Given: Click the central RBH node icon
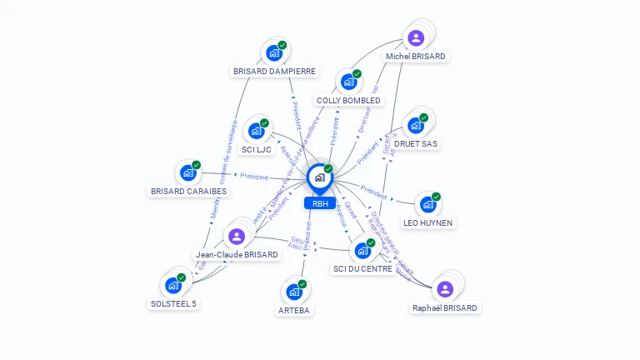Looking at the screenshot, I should pyautogui.click(x=319, y=177).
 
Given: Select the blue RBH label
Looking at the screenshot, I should pyautogui.click(x=319, y=203).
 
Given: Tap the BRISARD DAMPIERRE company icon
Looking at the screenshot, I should pyautogui.click(x=273, y=52).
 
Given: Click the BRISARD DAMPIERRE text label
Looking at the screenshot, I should pyautogui.click(x=274, y=72).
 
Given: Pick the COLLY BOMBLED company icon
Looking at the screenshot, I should pyautogui.click(x=347, y=82).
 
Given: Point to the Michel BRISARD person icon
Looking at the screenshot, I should pyautogui.click(x=416, y=37).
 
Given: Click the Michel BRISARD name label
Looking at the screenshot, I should pyautogui.click(x=416, y=57).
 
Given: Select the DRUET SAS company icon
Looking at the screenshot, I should pyautogui.click(x=415, y=126).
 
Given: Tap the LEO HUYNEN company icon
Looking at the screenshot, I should pyautogui.click(x=427, y=204).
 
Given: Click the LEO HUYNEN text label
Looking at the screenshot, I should pyautogui.click(x=428, y=223).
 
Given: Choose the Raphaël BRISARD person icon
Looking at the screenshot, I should pyautogui.click(x=445, y=289).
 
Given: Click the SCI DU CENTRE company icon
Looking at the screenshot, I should pyautogui.click(x=362, y=250).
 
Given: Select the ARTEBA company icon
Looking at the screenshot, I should pyautogui.click(x=293, y=292).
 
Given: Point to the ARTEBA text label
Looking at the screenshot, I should pyautogui.click(x=293, y=311).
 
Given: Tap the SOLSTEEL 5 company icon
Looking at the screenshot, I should pyautogui.click(x=173, y=285).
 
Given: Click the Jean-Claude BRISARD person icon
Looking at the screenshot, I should pyautogui.click(x=237, y=236).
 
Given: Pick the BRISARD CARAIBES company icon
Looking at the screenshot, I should pyautogui.click(x=188, y=172).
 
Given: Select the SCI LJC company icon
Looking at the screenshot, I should pyautogui.click(x=256, y=131).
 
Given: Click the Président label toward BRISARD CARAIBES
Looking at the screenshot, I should pyautogui.click(x=253, y=177).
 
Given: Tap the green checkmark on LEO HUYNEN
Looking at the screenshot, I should pyautogui.click(x=436, y=197).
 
